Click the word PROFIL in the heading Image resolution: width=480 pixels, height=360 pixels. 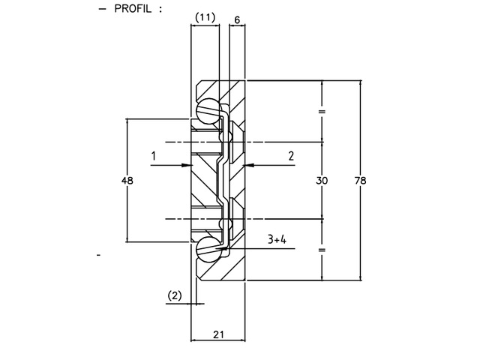click(x=133, y=10)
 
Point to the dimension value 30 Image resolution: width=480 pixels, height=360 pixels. click(x=322, y=180)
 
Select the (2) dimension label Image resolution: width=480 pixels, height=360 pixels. click(x=174, y=295)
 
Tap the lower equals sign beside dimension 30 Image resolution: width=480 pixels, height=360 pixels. click(x=322, y=250)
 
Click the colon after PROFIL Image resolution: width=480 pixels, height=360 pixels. click(x=160, y=10)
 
